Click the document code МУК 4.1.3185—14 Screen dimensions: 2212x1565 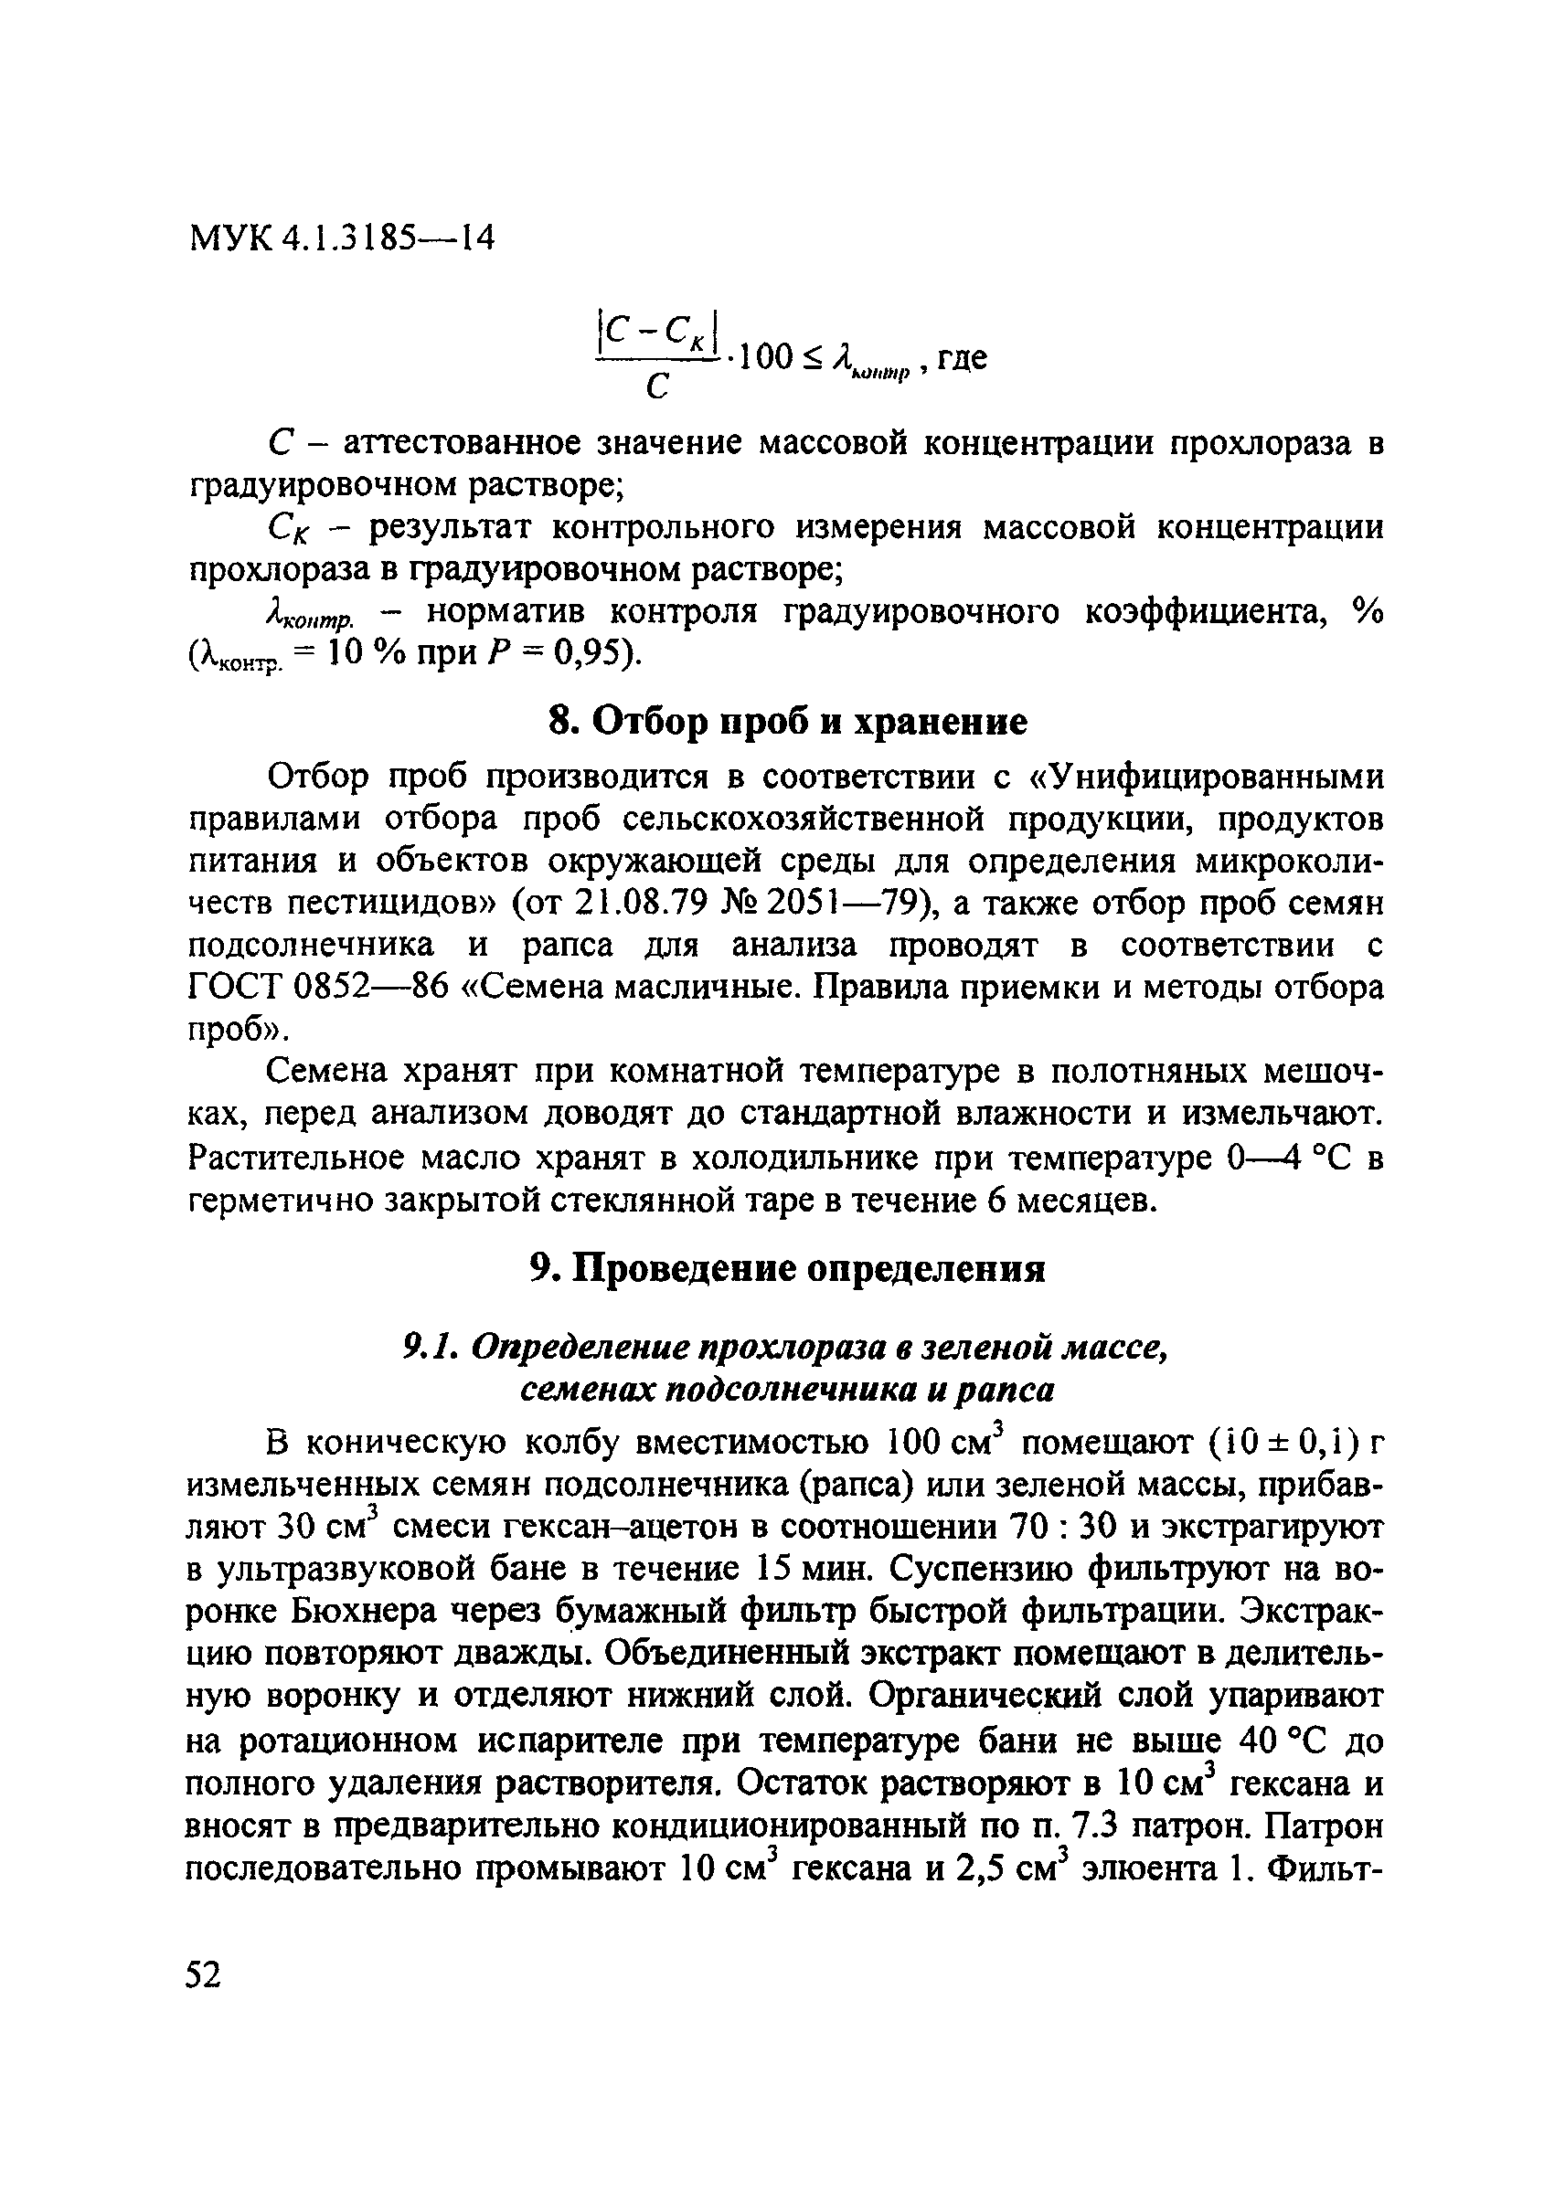[x=341, y=236]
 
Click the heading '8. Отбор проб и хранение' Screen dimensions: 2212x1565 [x=787, y=722]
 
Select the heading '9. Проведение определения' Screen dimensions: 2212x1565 [x=787, y=1269]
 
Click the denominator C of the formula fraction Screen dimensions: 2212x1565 [x=657, y=386]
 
